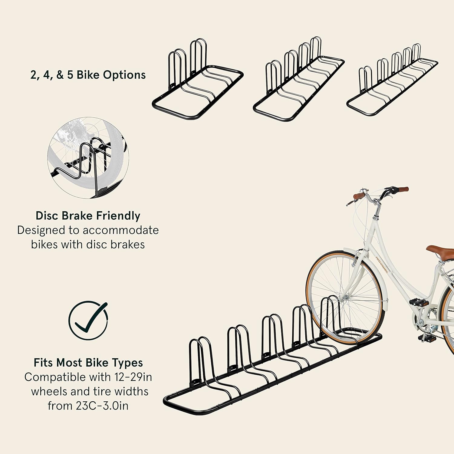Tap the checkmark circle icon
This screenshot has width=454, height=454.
pos(88,320)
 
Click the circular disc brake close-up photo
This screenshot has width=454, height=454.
pos(88,158)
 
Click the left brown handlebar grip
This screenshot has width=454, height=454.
pos(359,196)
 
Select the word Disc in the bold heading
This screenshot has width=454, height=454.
pos(47,216)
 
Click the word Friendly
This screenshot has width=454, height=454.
pos(118,216)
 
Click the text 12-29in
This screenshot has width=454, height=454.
pos(133,377)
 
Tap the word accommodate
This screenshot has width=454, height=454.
pos(121,230)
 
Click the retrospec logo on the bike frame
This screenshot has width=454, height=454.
pos(382,265)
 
